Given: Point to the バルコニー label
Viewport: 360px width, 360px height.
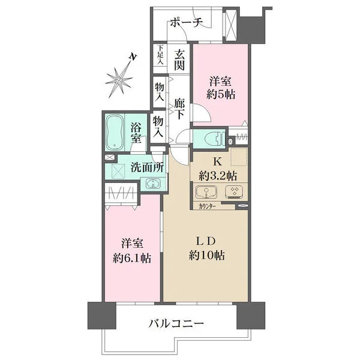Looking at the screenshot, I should (x=177, y=324).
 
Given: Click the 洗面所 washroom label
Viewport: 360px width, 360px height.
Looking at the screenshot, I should (x=147, y=167).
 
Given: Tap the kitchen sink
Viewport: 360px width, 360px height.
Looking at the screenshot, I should (x=205, y=193).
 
